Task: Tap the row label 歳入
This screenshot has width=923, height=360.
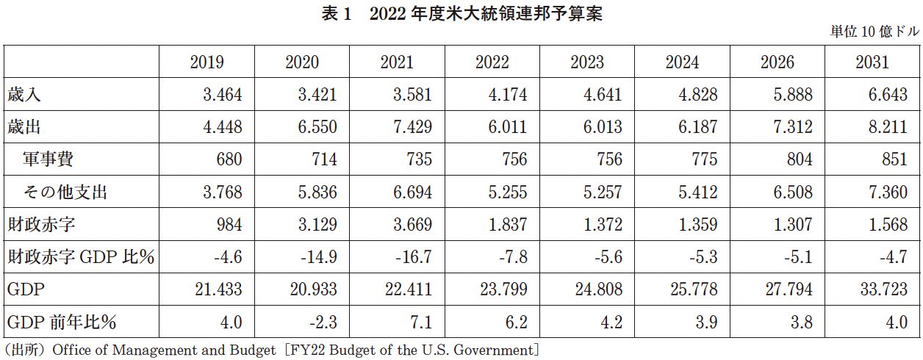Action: coord(26,95)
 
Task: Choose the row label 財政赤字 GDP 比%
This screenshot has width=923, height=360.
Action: coord(81,257)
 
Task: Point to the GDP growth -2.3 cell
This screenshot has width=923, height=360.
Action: coord(321,322)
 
